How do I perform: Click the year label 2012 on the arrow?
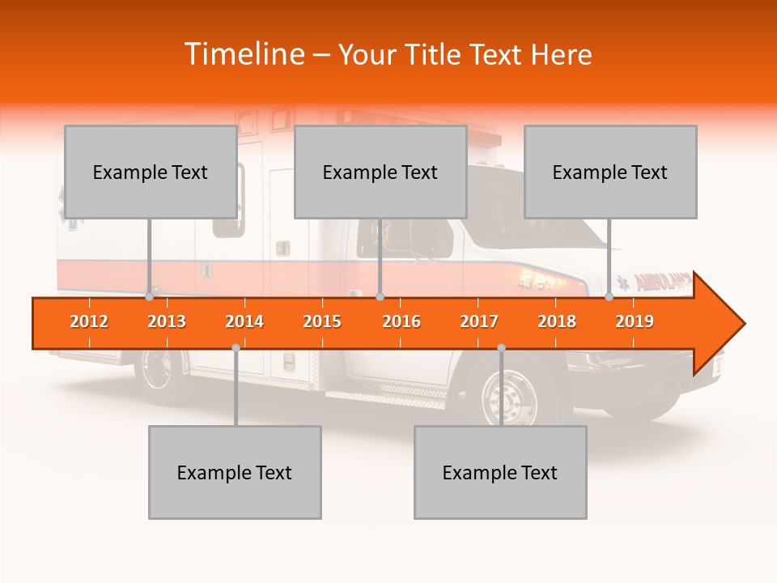pyautogui.click(x=89, y=321)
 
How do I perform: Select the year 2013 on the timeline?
pyautogui.click(x=167, y=321)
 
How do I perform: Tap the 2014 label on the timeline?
pyautogui.click(x=244, y=321)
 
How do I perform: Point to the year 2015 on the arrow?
pyautogui.click(x=322, y=321)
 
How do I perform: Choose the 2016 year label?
pyautogui.click(x=401, y=321)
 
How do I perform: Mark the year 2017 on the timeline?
pyautogui.click(x=479, y=321)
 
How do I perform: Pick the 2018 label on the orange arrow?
pyautogui.click(x=557, y=321)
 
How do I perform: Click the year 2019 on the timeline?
pyautogui.click(x=635, y=321)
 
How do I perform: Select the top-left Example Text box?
pyautogui.click(x=151, y=172)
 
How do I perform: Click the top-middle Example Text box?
pyautogui.click(x=380, y=172)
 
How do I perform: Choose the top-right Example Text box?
pyautogui.click(x=610, y=172)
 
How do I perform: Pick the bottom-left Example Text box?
pyautogui.click(x=235, y=472)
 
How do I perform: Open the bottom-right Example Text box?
pyautogui.click(x=500, y=472)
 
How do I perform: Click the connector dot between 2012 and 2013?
pyautogui.click(x=149, y=297)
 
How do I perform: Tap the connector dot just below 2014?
pyautogui.click(x=236, y=347)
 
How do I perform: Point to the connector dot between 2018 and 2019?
pyautogui.click(x=609, y=297)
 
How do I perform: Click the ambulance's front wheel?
pyautogui.click(x=510, y=395)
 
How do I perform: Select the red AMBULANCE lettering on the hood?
pyautogui.click(x=662, y=283)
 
